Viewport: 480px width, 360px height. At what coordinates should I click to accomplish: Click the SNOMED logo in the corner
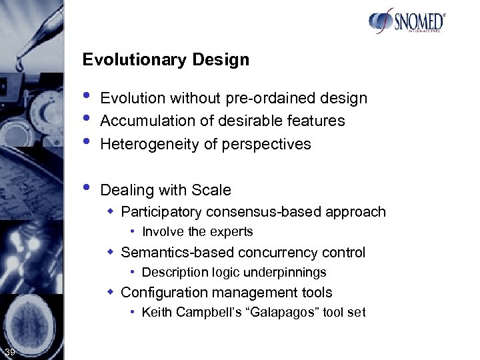click(407, 21)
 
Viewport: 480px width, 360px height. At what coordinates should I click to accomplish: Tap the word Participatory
click(162, 212)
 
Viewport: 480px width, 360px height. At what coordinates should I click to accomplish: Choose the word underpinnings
click(288, 272)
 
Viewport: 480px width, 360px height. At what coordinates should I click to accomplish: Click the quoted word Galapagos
click(283, 312)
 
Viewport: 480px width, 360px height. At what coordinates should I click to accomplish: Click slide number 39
click(9, 352)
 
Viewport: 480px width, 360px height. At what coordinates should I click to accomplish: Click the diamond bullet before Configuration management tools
click(113, 292)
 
